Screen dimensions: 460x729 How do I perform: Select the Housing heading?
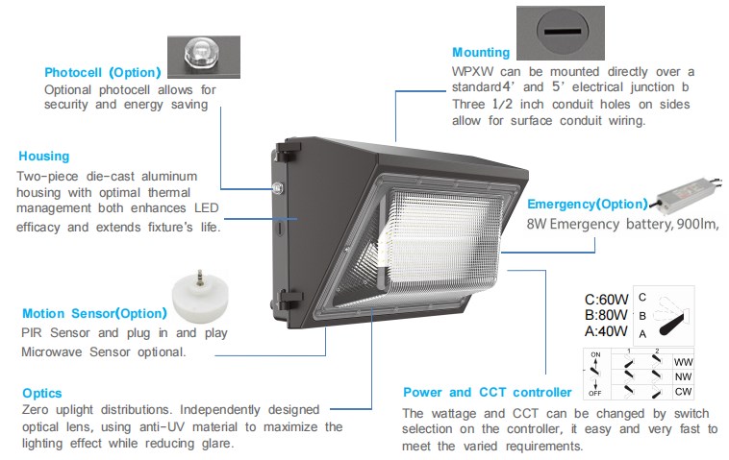44,156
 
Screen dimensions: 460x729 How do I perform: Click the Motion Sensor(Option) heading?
94,313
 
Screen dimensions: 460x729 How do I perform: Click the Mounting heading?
481,53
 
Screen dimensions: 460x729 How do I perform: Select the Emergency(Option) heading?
588,204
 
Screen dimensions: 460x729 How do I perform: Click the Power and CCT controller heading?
487,392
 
